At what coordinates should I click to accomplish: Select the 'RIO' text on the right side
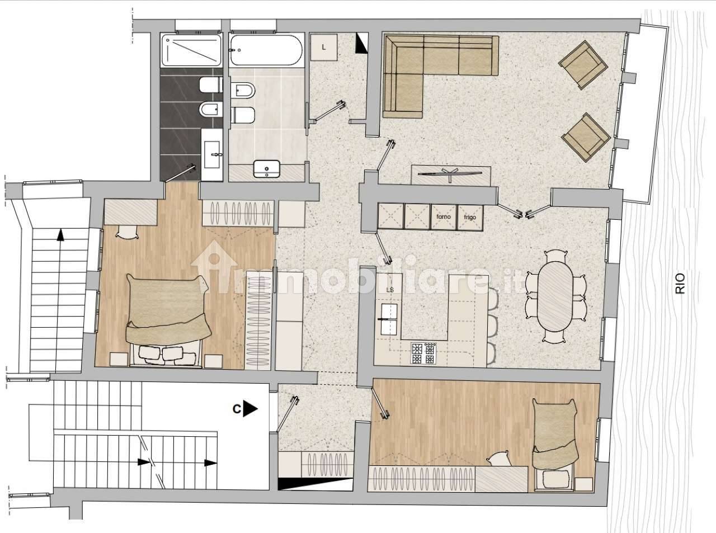pos(680,282)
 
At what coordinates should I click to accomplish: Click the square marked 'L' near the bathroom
pos(324,48)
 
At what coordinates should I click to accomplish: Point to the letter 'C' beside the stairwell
pos(237,409)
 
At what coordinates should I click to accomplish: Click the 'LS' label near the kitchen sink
pos(390,290)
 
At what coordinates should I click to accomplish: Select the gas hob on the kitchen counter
pos(423,352)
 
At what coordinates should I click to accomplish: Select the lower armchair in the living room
pos(585,134)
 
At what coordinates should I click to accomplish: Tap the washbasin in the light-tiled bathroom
pos(266,168)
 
